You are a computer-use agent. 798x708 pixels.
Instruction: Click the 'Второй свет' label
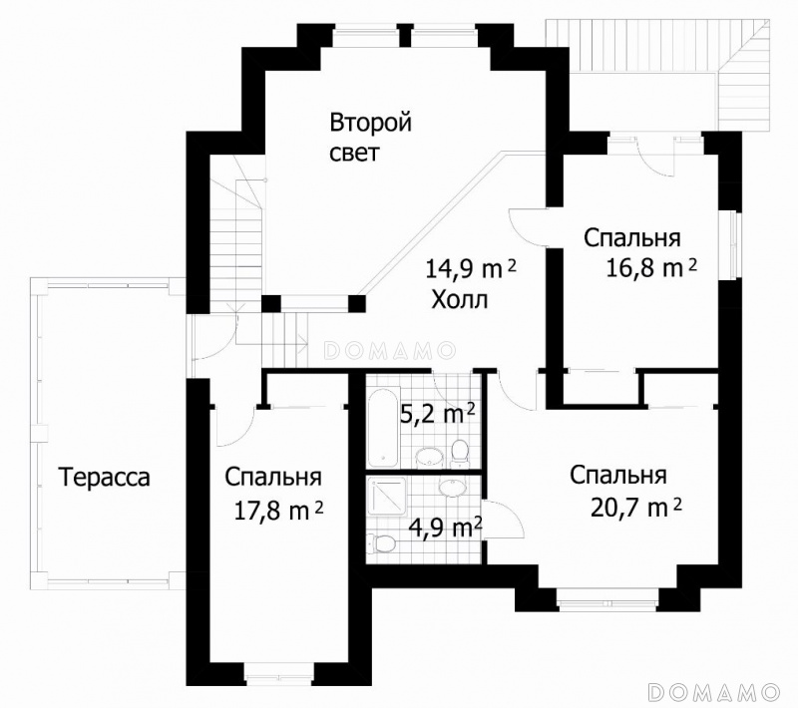(x=370, y=138)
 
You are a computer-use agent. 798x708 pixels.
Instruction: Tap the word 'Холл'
(x=459, y=300)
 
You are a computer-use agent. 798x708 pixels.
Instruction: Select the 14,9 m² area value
(x=471, y=268)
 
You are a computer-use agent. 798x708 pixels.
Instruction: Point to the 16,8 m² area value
(x=651, y=268)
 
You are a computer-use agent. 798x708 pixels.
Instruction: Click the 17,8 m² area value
(x=278, y=511)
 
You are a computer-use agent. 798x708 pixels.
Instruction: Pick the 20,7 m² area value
(x=635, y=508)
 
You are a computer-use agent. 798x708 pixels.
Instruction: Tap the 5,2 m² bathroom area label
(x=437, y=415)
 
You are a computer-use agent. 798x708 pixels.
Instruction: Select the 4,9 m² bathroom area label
(x=446, y=528)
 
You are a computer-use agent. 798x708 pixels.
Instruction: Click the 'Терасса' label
(x=105, y=478)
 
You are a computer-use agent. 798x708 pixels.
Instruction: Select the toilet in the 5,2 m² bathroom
(x=460, y=452)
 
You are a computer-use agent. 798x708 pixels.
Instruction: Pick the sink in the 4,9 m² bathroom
(x=452, y=487)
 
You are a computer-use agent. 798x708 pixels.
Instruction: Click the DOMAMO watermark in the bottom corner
(x=713, y=690)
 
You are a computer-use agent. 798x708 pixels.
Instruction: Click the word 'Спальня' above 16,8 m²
(x=631, y=238)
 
